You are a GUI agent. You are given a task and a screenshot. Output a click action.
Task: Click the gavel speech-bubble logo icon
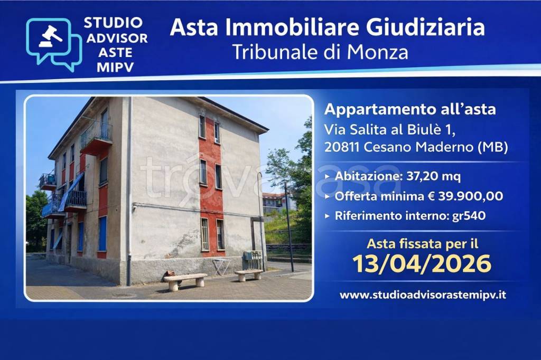tap(53, 44)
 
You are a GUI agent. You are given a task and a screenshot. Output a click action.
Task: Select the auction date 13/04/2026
tap(422, 263)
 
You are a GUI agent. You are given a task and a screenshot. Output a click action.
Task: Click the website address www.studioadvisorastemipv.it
tap(423, 295)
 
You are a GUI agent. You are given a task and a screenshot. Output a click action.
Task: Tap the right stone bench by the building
tap(248, 274)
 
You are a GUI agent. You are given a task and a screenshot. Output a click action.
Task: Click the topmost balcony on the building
tap(96, 136)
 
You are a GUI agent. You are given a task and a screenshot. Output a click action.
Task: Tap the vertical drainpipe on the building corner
tap(128, 190)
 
